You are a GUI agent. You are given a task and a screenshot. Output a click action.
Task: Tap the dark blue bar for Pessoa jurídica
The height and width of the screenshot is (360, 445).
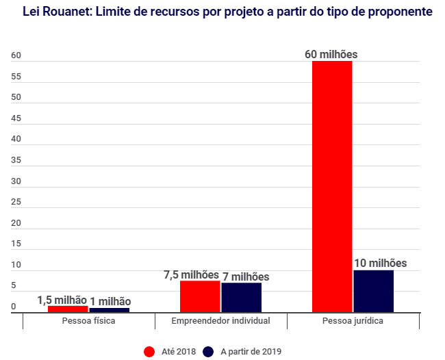coord(374,291)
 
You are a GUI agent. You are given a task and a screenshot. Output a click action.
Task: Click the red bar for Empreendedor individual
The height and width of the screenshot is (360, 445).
coord(200,296)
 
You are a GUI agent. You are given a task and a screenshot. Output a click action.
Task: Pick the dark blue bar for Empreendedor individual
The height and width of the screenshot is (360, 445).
coord(242,297)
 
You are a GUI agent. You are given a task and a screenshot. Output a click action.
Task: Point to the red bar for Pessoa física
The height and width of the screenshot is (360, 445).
coord(68,309)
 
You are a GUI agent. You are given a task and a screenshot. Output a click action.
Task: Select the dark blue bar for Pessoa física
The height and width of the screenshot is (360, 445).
coord(110,309)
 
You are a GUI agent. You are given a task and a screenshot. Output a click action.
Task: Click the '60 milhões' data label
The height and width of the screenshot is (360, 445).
coord(331,54)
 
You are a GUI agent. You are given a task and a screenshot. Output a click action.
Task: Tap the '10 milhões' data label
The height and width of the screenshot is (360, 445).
coord(380,263)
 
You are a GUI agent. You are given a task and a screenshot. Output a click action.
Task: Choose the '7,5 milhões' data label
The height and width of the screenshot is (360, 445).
coord(191,274)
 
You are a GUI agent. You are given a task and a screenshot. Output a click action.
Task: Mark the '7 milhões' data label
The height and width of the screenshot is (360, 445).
coord(245,277)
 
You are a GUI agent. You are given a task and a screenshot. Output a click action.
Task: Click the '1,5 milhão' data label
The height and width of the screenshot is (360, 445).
coord(62,299)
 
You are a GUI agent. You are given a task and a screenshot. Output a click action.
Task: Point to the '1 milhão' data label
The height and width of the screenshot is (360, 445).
coord(110,301)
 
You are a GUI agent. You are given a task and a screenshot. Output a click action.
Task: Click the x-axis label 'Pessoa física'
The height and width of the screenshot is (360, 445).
coord(88,320)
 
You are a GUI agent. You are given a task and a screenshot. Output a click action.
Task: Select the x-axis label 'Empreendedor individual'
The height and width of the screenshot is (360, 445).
coord(220,320)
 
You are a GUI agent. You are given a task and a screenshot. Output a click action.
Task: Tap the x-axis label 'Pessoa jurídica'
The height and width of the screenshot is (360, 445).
coord(353,320)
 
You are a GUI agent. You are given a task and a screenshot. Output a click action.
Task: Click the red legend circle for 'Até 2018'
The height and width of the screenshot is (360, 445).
coord(149,351)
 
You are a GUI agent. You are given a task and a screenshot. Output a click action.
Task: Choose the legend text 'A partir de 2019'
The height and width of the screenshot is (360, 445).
coord(251,351)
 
